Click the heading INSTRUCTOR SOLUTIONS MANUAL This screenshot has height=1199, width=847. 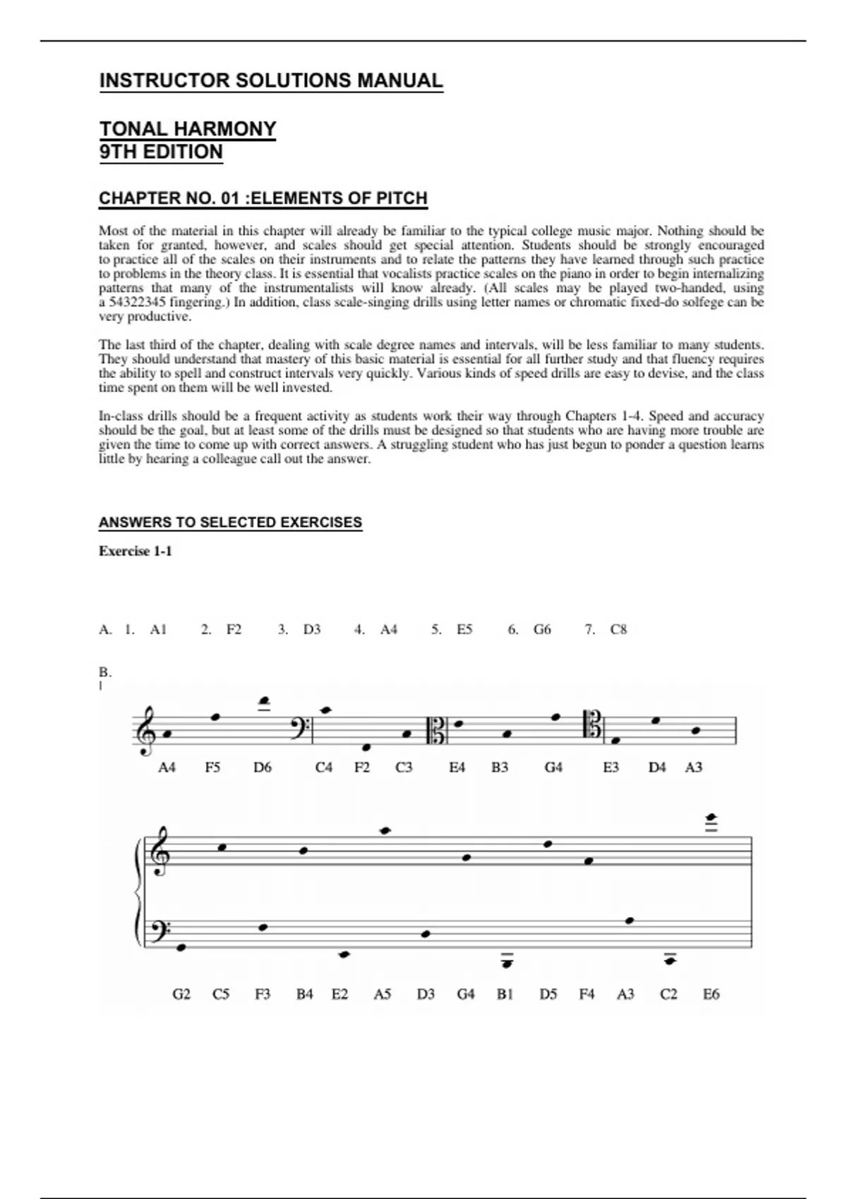point(271,80)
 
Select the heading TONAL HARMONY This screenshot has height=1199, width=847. point(187,129)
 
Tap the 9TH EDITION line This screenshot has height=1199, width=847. point(161,152)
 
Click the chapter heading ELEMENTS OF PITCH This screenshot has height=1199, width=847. point(263,198)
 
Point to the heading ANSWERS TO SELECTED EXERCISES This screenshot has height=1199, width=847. point(230,523)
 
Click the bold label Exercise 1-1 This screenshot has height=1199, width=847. point(135,551)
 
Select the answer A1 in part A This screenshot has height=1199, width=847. point(158,629)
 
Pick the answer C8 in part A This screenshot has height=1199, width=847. point(618,629)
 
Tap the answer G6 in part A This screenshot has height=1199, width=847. point(541,629)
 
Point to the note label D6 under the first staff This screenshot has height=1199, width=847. point(262,767)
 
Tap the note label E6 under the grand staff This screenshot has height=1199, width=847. point(711,994)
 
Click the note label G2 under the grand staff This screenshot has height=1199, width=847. point(181,994)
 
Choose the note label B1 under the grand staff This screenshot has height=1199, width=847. point(505,994)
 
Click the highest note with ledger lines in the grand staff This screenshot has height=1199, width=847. point(711,817)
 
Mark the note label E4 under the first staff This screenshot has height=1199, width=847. point(457,767)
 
